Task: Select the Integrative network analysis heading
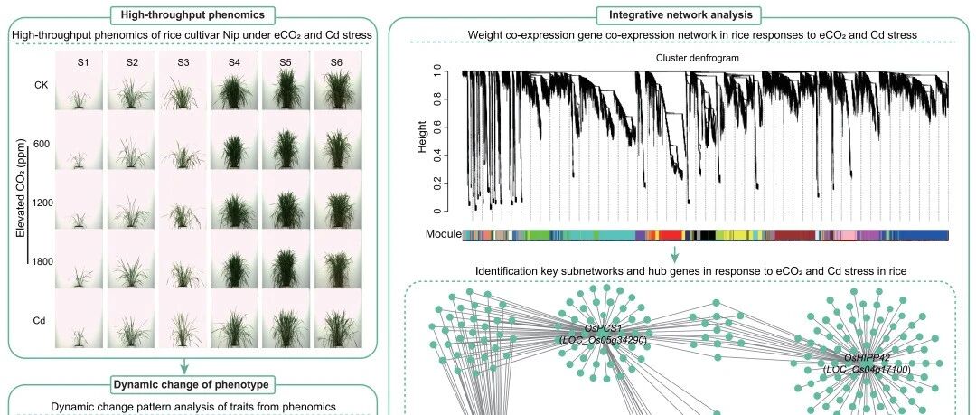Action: [680, 14]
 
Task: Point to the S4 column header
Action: [234, 62]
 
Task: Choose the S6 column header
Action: [336, 62]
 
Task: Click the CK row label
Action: [41, 85]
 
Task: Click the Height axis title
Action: [423, 137]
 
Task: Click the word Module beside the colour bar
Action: [444, 234]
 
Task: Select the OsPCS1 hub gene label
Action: [603, 328]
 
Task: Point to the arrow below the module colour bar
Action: [674, 253]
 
